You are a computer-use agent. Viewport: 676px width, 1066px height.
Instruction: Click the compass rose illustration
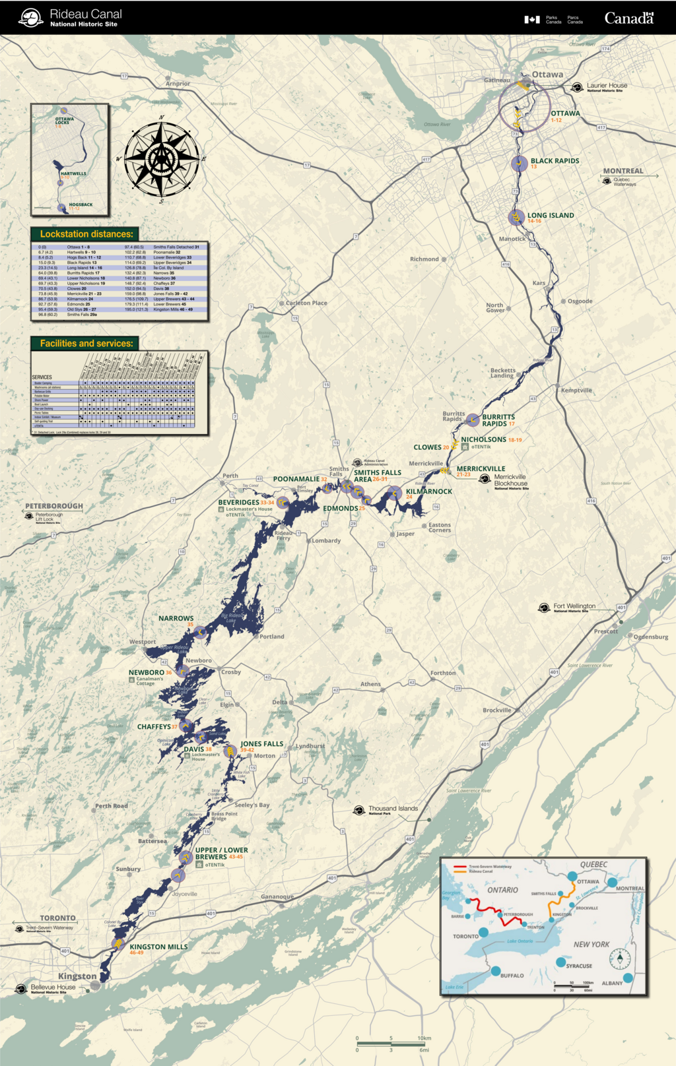pos(162,158)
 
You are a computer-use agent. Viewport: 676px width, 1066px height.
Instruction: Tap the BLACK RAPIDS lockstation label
pos(555,161)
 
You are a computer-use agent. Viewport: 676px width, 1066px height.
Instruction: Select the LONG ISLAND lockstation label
pos(551,216)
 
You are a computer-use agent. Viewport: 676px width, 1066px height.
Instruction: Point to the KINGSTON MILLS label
pos(158,947)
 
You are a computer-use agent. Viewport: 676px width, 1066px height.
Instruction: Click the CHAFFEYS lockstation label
pos(154,727)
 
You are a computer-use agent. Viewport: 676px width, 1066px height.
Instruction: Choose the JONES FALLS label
pos(261,744)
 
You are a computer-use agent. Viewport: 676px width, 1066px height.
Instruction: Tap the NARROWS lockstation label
pos(176,619)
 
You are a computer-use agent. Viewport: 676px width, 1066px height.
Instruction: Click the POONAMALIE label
pos(296,480)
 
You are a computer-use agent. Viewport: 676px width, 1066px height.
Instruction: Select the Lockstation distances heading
pos(86,234)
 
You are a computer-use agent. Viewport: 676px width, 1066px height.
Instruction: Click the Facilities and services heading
pos(86,344)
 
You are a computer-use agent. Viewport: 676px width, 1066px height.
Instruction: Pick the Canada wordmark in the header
pos(628,18)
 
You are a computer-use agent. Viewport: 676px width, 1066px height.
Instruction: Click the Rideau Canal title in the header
pos(86,15)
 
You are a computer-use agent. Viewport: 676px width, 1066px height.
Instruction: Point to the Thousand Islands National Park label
pos(393,809)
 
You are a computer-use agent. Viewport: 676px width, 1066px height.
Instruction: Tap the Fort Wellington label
pos(574,606)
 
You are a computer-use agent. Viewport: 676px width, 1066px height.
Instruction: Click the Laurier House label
pos(607,86)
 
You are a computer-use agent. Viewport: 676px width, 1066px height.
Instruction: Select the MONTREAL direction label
pos(623,171)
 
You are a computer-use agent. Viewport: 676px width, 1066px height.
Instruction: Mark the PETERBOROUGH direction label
pos(54,507)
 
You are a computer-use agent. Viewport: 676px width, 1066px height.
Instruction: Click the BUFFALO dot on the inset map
pos(496,971)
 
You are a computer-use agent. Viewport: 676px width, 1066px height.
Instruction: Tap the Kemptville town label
pos(576,391)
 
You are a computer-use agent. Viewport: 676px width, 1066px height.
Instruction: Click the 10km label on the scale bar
pos(424,1038)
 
